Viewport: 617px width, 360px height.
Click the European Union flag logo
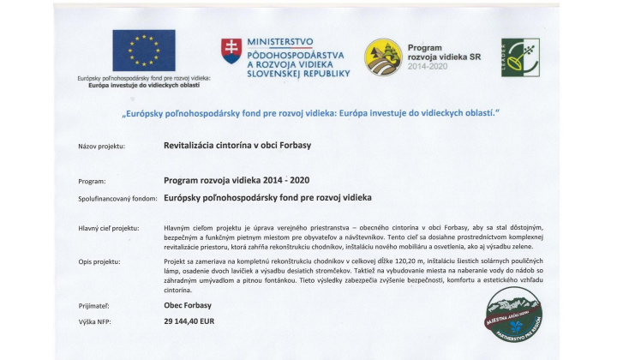(x=144, y=51)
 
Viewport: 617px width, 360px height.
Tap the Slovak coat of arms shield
(x=231, y=51)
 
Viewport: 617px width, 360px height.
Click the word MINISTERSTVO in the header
(x=279, y=41)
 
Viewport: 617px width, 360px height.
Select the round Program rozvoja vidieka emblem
(x=383, y=57)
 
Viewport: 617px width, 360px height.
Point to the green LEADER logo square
(x=519, y=57)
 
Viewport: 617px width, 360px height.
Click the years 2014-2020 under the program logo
(x=428, y=66)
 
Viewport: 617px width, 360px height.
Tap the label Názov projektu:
(x=102, y=147)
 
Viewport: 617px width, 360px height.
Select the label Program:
(x=92, y=182)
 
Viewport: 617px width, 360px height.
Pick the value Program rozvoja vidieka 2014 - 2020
(x=237, y=181)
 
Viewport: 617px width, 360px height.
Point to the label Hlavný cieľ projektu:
(x=108, y=228)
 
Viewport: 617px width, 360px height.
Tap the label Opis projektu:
(x=99, y=260)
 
